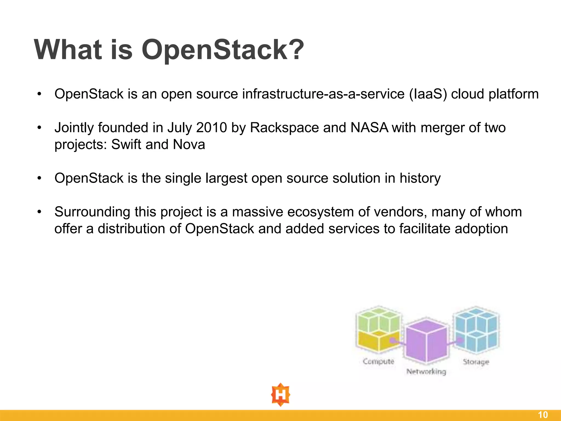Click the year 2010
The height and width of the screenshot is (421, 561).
click(x=211, y=128)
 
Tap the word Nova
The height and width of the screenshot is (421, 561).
click(x=189, y=144)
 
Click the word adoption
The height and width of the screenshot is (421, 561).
click(x=481, y=229)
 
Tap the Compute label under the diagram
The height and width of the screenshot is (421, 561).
click(x=378, y=362)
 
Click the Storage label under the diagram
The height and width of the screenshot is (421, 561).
click(x=476, y=362)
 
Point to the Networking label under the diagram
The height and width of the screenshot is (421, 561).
click(x=426, y=372)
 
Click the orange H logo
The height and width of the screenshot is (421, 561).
click(x=280, y=395)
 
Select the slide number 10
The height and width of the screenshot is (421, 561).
click(x=543, y=415)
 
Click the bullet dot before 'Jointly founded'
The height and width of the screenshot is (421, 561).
click(x=39, y=128)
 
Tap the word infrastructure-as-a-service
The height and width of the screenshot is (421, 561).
click(x=323, y=94)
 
